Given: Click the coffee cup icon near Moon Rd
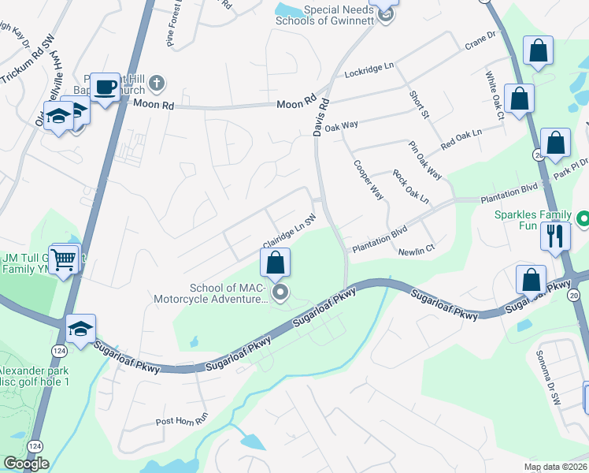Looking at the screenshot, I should pyautogui.click(x=105, y=88).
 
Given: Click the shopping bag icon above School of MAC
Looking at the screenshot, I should pyautogui.click(x=276, y=263).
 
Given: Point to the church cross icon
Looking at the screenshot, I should pyautogui.click(x=157, y=83).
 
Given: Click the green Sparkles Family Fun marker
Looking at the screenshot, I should pyautogui.click(x=583, y=217).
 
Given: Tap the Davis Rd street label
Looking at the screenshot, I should pyautogui.click(x=320, y=117).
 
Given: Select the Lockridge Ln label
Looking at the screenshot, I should pyautogui.click(x=369, y=73).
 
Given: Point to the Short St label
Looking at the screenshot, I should pyautogui.click(x=418, y=105).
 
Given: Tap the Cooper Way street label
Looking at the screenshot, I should pyautogui.click(x=368, y=181).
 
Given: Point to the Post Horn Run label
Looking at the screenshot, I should pyautogui.click(x=180, y=420).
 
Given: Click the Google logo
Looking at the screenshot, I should pyautogui.click(x=26, y=464).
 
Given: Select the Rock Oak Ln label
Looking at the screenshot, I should pyautogui.click(x=409, y=187).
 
